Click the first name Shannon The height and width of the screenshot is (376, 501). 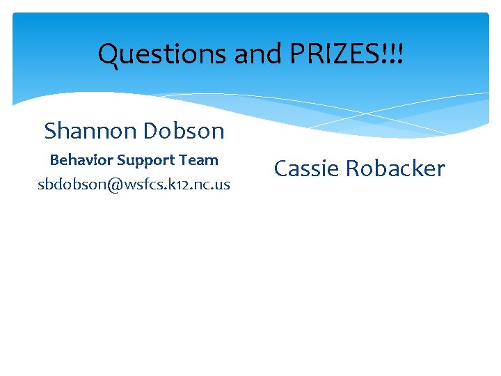(x=89, y=130)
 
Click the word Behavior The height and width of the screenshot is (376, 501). (x=81, y=160)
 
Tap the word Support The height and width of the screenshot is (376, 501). (x=146, y=161)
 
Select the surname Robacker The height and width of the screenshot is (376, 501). (x=395, y=169)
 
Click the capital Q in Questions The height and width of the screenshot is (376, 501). (x=109, y=54)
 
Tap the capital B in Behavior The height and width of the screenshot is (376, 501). (x=54, y=160)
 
